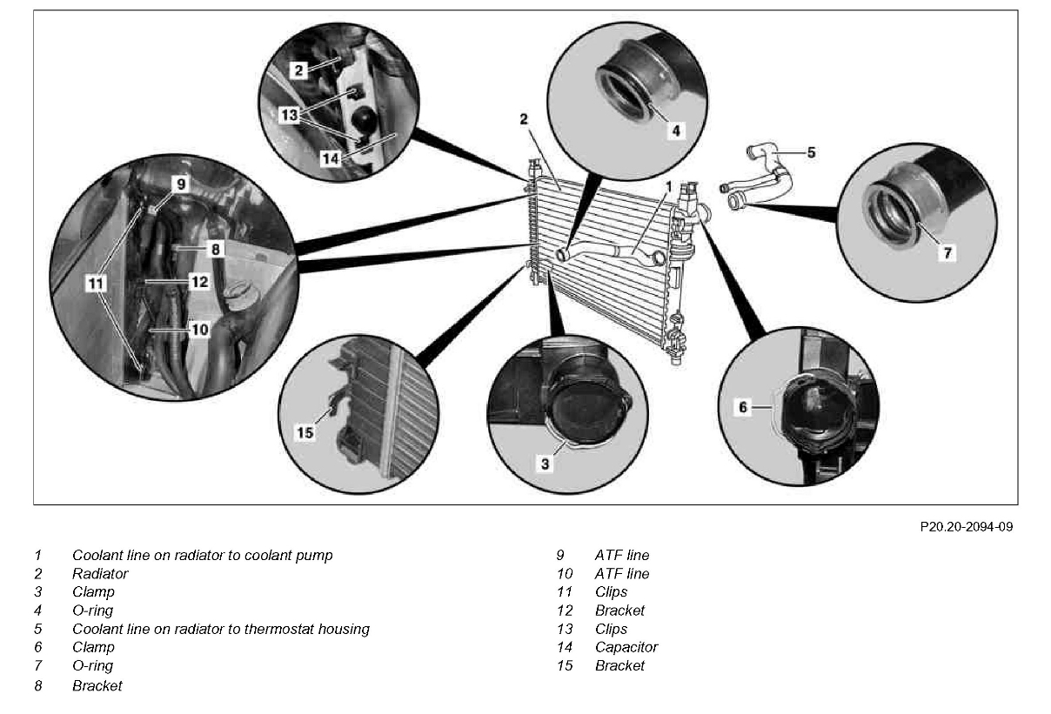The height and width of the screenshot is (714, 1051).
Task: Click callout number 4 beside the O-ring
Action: point(676,131)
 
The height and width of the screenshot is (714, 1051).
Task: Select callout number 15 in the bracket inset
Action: point(305,432)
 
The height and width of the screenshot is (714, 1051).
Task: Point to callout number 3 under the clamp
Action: point(546,464)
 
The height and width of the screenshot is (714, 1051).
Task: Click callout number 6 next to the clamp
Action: point(743,406)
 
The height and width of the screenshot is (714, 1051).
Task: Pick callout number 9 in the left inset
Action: point(180,184)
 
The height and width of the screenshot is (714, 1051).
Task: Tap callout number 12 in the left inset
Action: point(199,282)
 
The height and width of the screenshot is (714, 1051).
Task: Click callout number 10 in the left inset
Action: point(199,330)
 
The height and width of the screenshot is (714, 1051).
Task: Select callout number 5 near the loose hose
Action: point(810,152)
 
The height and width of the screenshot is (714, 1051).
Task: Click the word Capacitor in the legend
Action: point(626,647)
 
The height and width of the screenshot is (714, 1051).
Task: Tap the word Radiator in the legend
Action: point(100,574)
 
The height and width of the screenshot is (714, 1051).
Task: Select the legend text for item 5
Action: point(221,629)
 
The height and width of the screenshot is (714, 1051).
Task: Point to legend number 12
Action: point(565,611)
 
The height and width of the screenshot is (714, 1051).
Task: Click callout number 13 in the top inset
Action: point(289,114)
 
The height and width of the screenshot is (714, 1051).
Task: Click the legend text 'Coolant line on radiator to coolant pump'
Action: point(202,555)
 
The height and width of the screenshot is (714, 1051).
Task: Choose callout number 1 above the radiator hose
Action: point(669,186)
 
